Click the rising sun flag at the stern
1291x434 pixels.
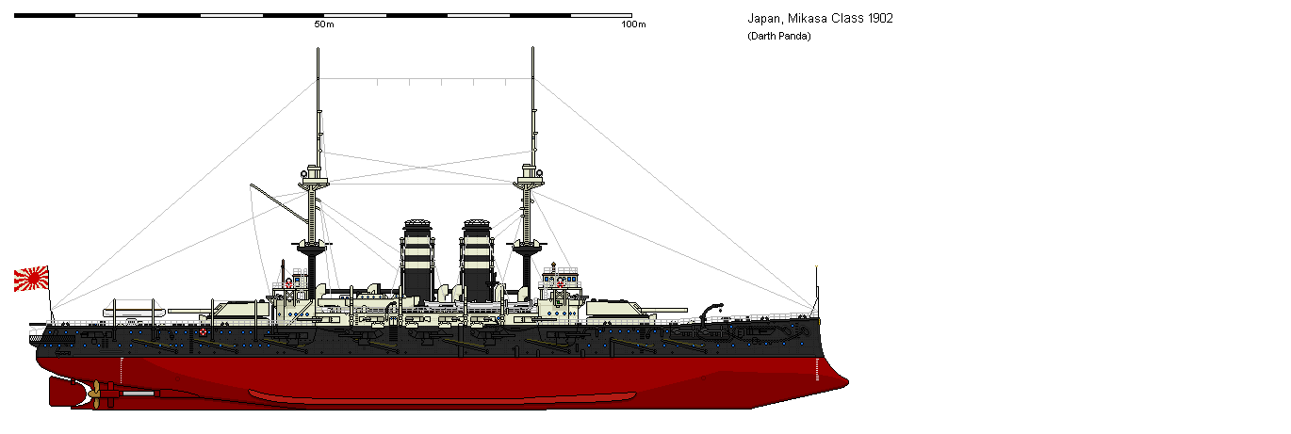pos(31,279)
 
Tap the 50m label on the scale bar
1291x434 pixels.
pos(324,24)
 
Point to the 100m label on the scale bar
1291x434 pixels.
pos(633,24)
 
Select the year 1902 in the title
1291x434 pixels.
pos(881,19)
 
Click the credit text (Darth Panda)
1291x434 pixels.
pos(779,37)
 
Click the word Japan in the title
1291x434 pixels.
pos(764,19)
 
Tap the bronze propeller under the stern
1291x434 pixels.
pos(94,394)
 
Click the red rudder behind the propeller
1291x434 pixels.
pos(62,392)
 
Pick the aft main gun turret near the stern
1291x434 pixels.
pos(238,310)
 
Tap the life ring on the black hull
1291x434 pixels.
pos(203,332)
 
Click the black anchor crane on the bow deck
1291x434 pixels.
pos(711,313)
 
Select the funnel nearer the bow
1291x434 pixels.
pos(477,260)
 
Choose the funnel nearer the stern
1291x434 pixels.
pos(417,260)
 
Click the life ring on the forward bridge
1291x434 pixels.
pos(560,282)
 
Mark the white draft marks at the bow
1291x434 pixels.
pos(817,369)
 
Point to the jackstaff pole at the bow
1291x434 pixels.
pos(817,291)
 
